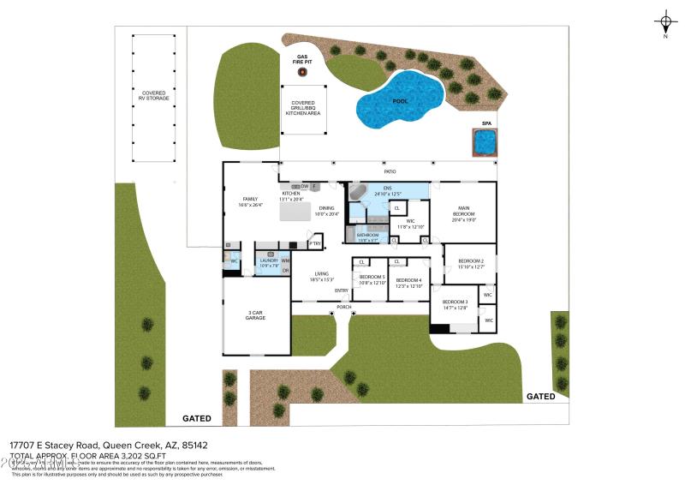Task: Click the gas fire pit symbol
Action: point(302,72)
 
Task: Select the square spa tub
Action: point(485,142)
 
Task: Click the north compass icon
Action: point(665,22)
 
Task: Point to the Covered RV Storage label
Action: point(154,96)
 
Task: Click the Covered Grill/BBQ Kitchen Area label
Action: point(302,108)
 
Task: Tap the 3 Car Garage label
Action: point(255,315)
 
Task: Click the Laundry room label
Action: point(270,263)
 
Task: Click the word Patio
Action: point(390,171)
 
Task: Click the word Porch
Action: point(344,307)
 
